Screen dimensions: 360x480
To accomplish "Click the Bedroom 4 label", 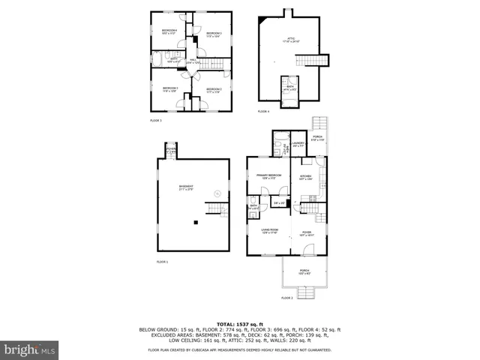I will pyautogui.click(x=168, y=32).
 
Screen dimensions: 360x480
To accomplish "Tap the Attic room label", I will pyautogui.click(x=290, y=40).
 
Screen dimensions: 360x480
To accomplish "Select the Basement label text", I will pyautogui.click(x=185, y=187).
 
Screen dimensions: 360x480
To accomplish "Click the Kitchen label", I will pyautogui.click(x=305, y=177).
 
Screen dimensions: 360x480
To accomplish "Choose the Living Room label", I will pyautogui.click(x=269, y=231).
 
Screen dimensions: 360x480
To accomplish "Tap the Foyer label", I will pyautogui.click(x=307, y=234).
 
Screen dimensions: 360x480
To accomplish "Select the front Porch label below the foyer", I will pyautogui.click(x=304, y=271).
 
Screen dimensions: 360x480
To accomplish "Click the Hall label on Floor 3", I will pyautogui.click(x=193, y=61).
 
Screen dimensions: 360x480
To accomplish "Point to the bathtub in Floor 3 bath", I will pyautogui.click(x=159, y=61).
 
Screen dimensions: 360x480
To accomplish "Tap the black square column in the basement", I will pyautogui.click(x=195, y=222).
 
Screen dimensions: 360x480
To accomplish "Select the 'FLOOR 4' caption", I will pyautogui.click(x=262, y=111).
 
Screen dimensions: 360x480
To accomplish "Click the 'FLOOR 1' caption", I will pyautogui.click(x=163, y=262).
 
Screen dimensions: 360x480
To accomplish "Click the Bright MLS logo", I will pyautogui.click(x=30, y=349).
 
